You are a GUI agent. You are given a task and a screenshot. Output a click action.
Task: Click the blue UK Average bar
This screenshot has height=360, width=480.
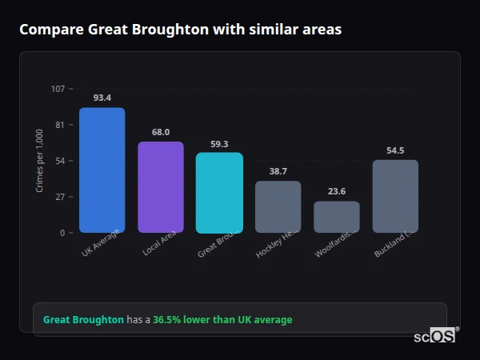click(x=102, y=170)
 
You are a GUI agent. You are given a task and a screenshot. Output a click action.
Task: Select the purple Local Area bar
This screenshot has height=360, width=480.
click(x=161, y=187)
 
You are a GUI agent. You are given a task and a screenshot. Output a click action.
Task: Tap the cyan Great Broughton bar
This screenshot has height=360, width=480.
click(x=219, y=193)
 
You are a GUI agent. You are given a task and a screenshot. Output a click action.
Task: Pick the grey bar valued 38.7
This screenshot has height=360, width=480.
click(x=278, y=206)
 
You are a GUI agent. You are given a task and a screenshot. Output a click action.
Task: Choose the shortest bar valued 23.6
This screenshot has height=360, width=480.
click(x=337, y=217)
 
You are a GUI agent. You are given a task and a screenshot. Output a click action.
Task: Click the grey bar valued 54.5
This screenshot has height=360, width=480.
click(x=395, y=196)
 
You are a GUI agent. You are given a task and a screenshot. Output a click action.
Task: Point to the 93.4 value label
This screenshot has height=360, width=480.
click(x=102, y=98)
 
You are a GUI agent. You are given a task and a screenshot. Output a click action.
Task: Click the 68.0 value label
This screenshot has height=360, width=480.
click(x=161, y=132)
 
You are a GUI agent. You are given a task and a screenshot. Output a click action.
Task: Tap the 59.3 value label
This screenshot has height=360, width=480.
click(x=219, y=144)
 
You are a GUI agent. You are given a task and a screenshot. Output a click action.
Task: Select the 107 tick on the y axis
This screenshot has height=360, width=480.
click(x=58, y=89)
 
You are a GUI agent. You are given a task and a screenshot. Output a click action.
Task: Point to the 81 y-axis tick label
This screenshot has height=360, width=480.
click(x=60, y=125)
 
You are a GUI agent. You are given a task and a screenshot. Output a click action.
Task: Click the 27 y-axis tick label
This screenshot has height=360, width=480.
click(x=60, y=197)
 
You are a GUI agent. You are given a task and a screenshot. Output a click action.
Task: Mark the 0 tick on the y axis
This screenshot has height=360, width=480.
click(x=62, y=233)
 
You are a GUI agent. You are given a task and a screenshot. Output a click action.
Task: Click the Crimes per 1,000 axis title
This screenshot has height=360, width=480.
click(x=39, y=161)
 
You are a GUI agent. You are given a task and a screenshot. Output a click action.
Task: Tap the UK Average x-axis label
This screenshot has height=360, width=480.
click(x=101, y=243)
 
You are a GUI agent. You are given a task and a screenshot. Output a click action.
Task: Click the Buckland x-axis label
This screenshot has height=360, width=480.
click(x=393, y=245)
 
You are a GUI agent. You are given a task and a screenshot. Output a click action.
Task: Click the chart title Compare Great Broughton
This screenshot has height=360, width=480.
click(x=180, y=30)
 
